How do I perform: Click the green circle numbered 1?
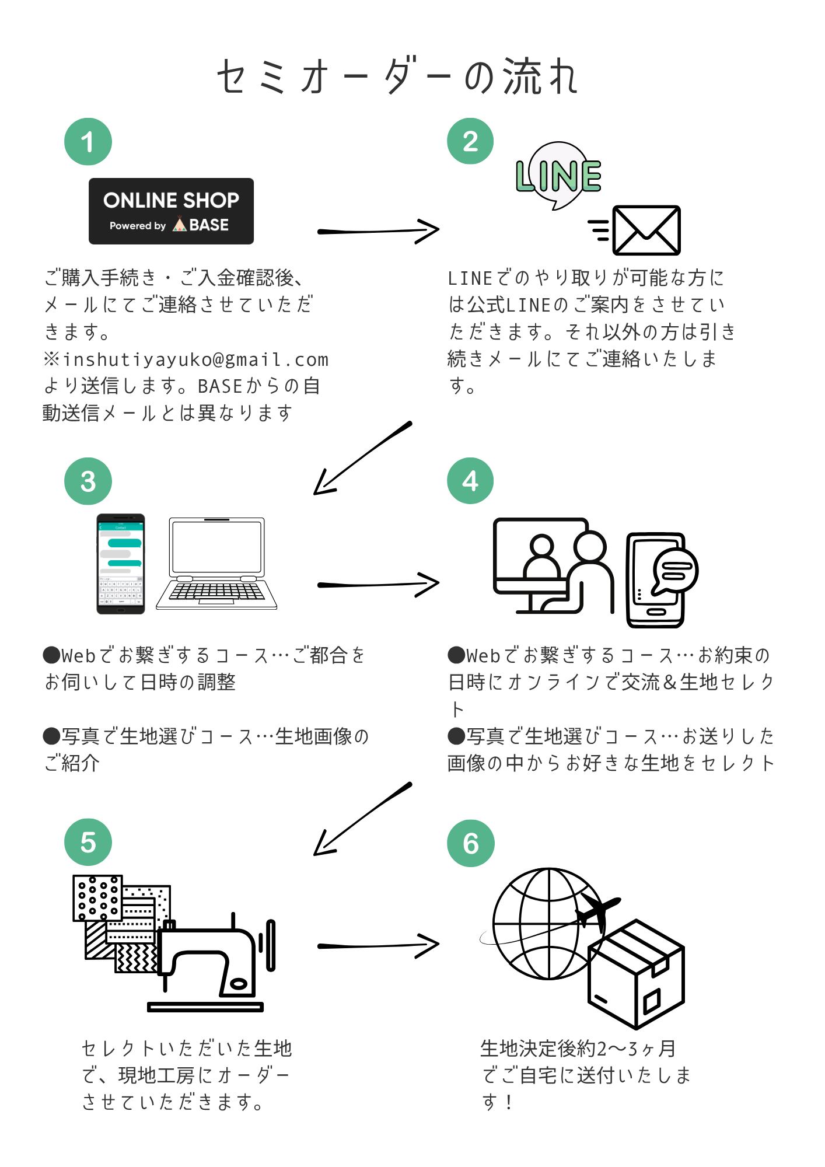point(88,142)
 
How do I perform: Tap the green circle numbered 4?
point(470,481)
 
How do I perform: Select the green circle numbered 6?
point(470,843)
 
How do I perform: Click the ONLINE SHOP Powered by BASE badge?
point(171,211)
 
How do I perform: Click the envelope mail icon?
point(646,230)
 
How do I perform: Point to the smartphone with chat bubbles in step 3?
point(121,564)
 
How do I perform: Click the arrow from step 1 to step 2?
point(378,231)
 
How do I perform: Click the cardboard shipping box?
point(636,974)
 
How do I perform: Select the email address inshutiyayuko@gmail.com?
point(196,359)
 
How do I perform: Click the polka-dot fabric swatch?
point(97,897)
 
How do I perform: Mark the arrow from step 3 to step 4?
point(378,584)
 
